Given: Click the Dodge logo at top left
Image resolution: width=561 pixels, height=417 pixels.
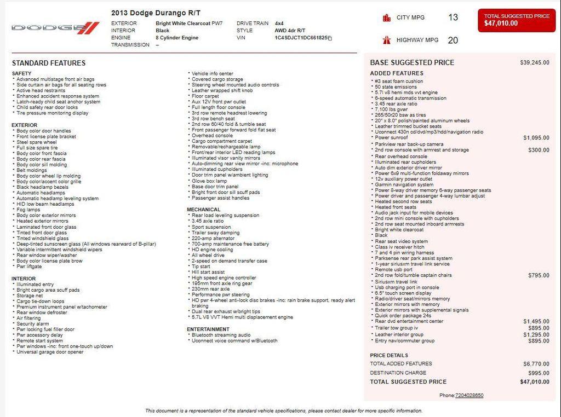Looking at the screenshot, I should (x=55, y=27).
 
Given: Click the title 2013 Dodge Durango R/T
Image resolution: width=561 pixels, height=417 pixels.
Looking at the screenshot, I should (x=156, y=13).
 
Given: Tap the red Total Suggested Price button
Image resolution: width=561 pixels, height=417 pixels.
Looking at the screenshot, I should (x=516, y=20).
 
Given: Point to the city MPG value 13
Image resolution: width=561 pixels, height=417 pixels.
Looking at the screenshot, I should (x=453, y=18).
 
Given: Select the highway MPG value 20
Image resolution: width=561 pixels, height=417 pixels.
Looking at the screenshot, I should (x=453, y=40).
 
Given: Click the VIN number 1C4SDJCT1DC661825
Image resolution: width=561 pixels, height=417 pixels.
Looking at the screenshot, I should (x=298, y=38).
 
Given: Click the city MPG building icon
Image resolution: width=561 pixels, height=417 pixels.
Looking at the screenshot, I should (x=387, y=18).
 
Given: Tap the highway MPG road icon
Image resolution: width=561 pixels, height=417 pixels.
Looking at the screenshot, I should (x=387, y=40).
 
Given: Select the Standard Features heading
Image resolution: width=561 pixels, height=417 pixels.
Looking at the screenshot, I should (x=49, y=63).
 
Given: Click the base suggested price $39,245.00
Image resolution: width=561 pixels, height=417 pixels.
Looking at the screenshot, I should (x=534, y=62).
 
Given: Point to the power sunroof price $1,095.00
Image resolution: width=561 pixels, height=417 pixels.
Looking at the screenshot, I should (x=536, y=138).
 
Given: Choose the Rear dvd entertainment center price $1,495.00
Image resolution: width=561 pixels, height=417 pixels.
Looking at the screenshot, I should (x=536, y=322).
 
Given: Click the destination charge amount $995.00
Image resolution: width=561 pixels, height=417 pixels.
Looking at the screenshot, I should (x=539, y=373).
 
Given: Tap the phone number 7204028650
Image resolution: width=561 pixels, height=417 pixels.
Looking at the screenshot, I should (x=469, y=395).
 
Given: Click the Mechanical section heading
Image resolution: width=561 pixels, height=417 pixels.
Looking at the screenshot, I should (x=203, y=210).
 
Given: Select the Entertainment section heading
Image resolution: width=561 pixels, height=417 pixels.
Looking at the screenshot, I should (x=208, y=329).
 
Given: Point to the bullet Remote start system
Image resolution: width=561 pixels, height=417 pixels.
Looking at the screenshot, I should (x=39, y=340).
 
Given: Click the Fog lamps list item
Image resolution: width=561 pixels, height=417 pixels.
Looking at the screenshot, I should (x=28, y=210).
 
